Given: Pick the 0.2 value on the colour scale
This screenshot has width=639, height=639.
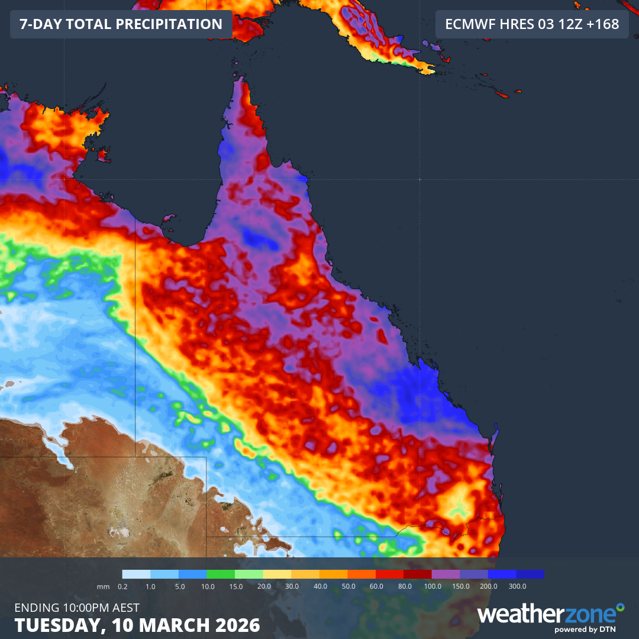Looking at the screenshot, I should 122,586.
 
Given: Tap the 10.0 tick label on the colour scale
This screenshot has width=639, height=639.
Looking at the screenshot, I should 207,586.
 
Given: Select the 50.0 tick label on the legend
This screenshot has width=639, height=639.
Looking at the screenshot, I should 348,586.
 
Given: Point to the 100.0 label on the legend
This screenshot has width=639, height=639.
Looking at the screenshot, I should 433,586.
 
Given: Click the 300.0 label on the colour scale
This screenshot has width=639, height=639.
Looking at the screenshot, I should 517,586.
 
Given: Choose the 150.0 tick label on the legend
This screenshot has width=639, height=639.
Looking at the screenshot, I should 460,586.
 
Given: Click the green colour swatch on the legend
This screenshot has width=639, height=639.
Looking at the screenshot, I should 221,574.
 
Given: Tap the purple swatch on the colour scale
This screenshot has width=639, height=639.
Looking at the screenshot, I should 446,574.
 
